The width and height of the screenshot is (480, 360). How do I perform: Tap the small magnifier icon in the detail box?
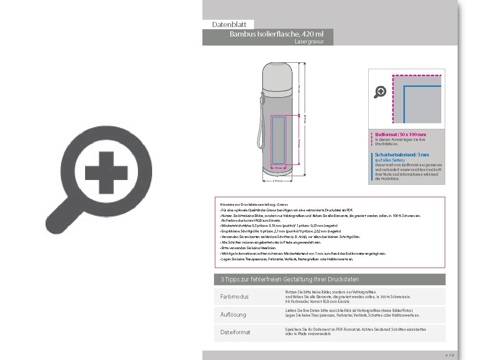[380, 92]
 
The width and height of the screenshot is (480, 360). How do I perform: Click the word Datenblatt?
[229, 25]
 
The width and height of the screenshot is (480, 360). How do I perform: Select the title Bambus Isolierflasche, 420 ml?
[276, 34]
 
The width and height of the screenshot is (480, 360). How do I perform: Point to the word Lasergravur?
[309, 42]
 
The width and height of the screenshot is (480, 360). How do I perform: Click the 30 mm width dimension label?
[278, 168]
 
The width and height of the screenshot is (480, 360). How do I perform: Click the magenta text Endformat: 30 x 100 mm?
[401, 134]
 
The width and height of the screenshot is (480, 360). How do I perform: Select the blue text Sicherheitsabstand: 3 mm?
[402, 155]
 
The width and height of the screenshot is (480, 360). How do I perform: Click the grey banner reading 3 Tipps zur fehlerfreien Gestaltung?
[330, 280]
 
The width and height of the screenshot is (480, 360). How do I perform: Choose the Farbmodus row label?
[235, 297]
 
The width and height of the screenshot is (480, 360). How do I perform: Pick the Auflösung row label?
[233, 315]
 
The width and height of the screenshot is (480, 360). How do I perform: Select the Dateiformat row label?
[235, 333]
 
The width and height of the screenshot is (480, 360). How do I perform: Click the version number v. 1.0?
[449, 355]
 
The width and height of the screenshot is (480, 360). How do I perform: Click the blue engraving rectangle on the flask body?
[278, 140]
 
